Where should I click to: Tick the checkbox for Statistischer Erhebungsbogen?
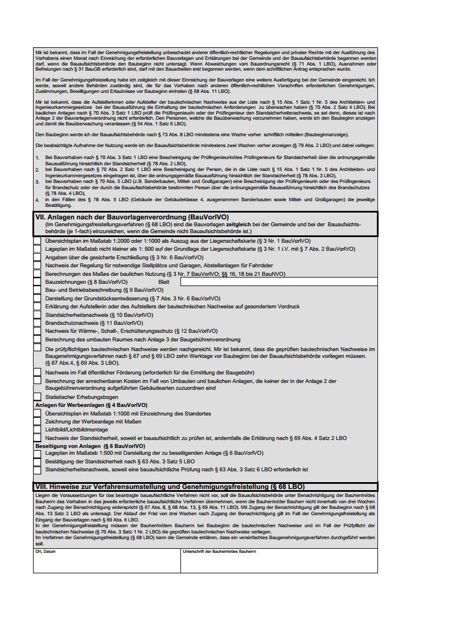[38, 397]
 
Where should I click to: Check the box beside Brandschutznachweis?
[38, 323]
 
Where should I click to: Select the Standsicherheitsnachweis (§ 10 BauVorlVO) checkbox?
[38, 315]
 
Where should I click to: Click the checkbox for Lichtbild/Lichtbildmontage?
[38, 430]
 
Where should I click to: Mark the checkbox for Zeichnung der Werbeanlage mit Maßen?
[38, 422]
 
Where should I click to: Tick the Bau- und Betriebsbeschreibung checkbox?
[38, 290]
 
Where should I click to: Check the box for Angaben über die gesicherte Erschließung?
[38, 257]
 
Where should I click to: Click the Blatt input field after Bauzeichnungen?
[279, 282]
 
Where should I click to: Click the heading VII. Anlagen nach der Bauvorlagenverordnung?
[132, 217]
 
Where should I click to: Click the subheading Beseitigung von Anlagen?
[90, 446]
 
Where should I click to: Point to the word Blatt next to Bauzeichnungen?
[164, 282]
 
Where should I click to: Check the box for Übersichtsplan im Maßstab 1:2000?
[38, 241]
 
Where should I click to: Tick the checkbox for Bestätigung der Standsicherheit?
[38, 462]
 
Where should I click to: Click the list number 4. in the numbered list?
[37, 200]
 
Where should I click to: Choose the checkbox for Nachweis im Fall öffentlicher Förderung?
[38, 372]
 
